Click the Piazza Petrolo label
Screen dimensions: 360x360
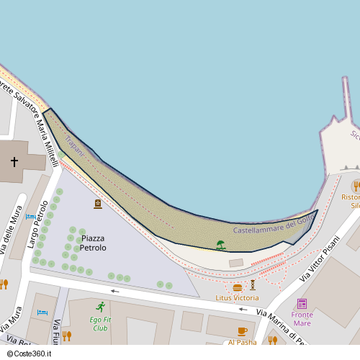tap(93, 243)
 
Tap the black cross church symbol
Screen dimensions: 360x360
tap(14, 161)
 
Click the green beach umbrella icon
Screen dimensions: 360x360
tap(220, 246)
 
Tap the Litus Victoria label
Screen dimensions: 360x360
tap(237, 297)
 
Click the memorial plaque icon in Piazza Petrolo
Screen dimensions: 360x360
tap(98, 204)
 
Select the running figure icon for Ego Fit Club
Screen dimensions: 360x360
tap(100, 307)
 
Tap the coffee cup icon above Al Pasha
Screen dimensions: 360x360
tap(242, 331)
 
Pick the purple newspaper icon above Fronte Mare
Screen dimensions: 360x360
tap(302, 303)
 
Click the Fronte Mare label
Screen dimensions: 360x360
tap(302, 318)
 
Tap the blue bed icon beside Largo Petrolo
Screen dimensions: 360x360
tap(31, 216)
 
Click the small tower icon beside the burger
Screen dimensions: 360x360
tap(253, 285)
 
